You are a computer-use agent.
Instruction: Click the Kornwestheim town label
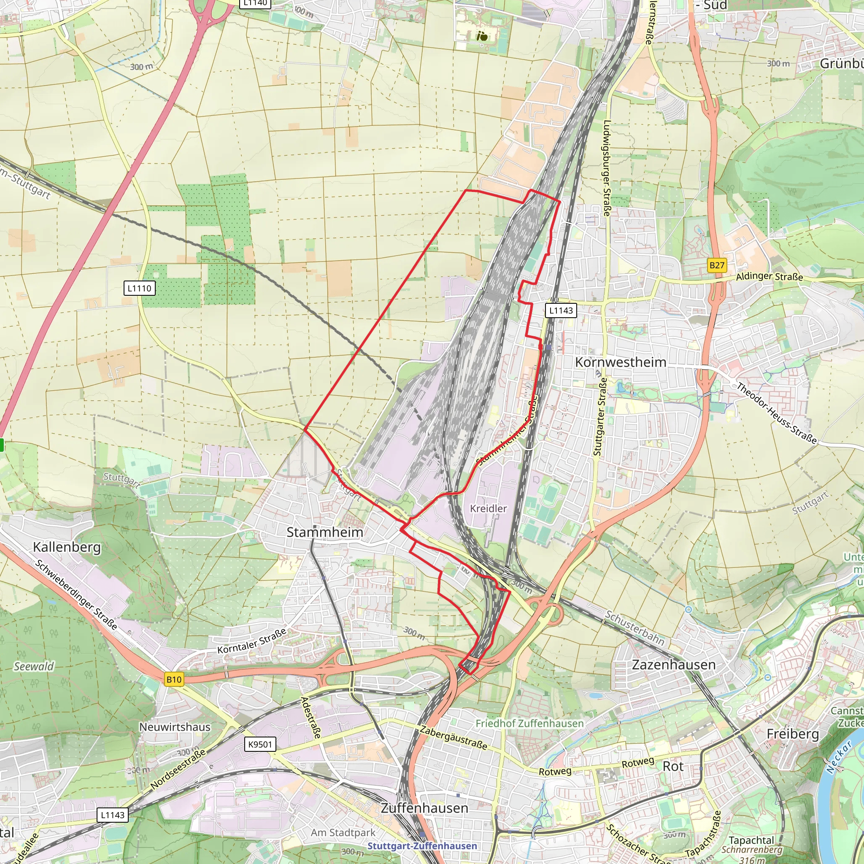pos(620,362)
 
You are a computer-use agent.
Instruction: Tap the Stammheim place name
pos(325,532)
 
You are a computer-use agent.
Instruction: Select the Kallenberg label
pos(67,547)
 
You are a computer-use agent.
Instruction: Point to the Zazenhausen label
pos(673,665)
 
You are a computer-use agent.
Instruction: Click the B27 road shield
pos(717,265)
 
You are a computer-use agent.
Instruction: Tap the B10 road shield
pos(174,680)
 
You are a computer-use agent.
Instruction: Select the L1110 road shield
pos(140,288)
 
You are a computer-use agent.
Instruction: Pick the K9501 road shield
pos(260,744)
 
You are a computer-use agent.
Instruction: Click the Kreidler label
pos(489,508)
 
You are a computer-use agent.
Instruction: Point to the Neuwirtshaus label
pos(175,727)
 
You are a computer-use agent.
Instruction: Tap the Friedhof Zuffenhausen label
pos(529,724)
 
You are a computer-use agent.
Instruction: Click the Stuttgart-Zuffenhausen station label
pos(422,846)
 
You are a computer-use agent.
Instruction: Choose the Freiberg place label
pos(793,734)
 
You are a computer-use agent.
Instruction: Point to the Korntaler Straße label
pos(252,641)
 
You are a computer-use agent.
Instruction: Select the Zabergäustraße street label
pos(454,738)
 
